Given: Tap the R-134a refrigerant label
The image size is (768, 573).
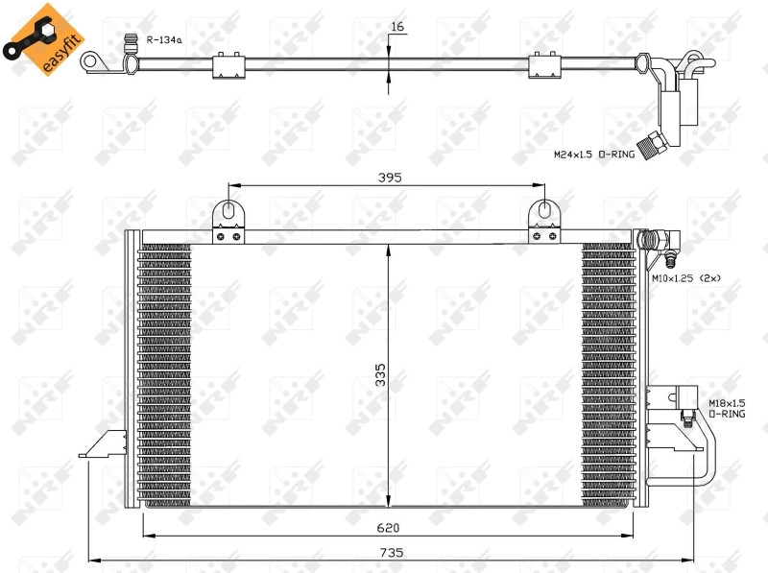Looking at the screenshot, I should click(x=164, y=40).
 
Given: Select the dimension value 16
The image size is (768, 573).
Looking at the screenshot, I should click(x=396, y=27).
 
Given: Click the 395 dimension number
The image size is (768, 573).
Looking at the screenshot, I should click(x=389, y=178).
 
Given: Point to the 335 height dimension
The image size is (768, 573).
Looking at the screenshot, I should click(x=380, y=374).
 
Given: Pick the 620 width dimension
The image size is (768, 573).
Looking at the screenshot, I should click(x=388, y=527).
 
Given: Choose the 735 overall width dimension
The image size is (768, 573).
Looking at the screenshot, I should click(x=391, y=552).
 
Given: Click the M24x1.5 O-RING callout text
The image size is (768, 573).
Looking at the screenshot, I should click(x=592, y=154).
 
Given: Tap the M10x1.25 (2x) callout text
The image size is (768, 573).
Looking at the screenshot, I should click(x=685, y=278).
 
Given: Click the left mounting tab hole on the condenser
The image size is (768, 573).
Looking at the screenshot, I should click(x=228, y=210).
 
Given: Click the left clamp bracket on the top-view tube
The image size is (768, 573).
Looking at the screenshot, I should click(x=227, y=65).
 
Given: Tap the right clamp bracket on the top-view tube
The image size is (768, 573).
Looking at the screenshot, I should click(x=544, y=65).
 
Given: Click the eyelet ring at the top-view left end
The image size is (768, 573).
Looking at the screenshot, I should click(x=94, y=62).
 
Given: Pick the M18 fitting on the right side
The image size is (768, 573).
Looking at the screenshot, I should click(x=686, y=417).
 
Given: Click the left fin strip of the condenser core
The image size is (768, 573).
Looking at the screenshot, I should click(x=165, y=374).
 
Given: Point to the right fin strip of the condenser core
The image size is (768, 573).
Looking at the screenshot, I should click(x=607, y=374).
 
